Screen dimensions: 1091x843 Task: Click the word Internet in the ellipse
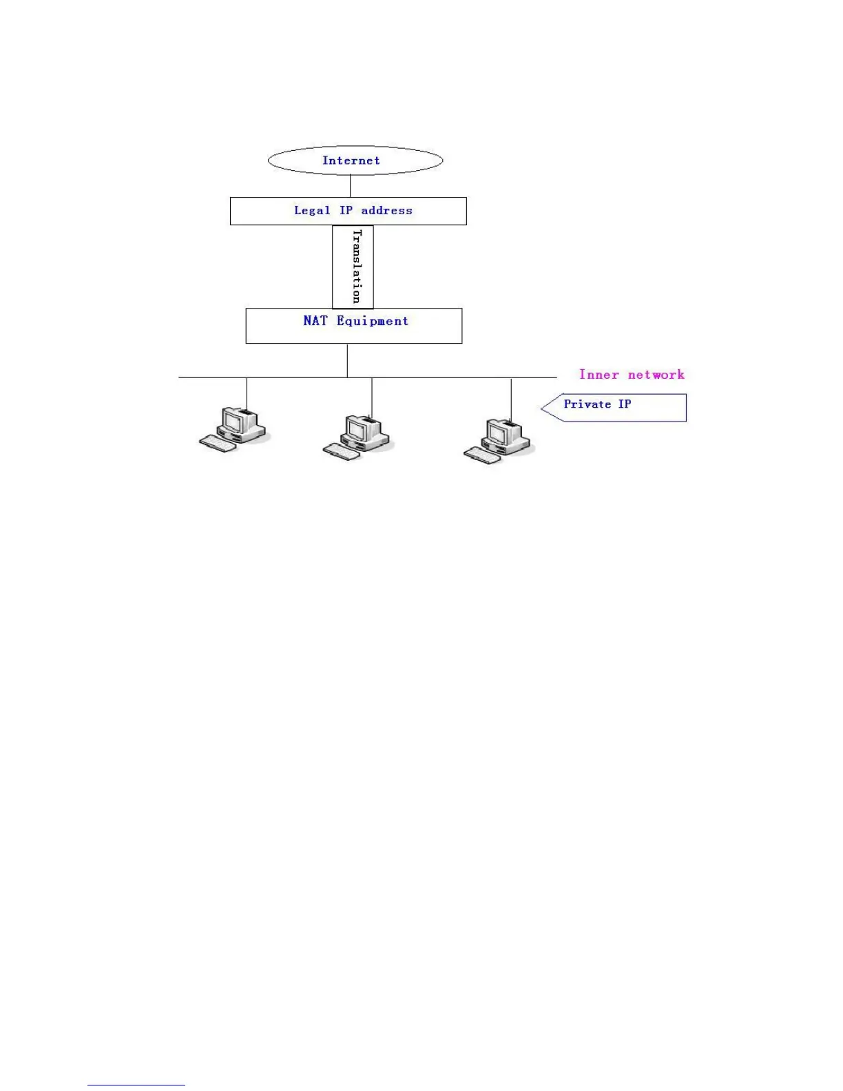click(351, 160)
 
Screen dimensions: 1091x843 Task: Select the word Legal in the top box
click(311, 211)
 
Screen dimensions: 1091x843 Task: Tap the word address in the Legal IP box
click(386, 211)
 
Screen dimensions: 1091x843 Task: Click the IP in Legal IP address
click(346, 211)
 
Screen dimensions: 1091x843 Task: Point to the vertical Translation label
click(356, 267)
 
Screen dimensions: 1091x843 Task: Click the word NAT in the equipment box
click(315, 321)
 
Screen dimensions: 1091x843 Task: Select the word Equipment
click(373, 322)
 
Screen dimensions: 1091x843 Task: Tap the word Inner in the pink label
click(599, 375)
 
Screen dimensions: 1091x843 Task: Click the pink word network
click(656, 375)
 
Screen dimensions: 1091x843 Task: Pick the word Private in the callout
click(587, 404)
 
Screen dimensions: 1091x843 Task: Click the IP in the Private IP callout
click(625, 404)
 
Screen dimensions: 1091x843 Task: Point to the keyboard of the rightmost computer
click(482, 455)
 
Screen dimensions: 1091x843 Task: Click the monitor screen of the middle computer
click(356, 429)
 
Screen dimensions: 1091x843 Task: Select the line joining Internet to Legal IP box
click(351, 186)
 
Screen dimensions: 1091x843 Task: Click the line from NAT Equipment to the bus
click(347, 360)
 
